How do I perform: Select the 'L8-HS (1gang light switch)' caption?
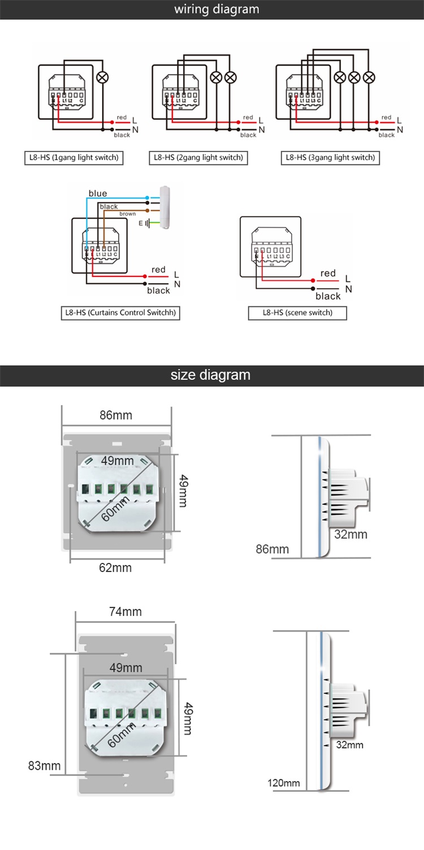tap(75, 158)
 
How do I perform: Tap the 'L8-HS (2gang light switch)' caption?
tap(198, 158)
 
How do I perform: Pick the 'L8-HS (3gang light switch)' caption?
tap(330, 158)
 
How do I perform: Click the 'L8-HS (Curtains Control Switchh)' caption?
tap(120, 313)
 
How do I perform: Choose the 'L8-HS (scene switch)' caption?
tap(297, 313)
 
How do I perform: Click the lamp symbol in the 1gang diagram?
tap(102, 78)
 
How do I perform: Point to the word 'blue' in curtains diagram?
tap(97, 194)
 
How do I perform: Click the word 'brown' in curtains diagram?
tap(127, 214)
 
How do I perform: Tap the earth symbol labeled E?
tap(146, 224)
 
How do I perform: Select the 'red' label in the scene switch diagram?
tap(328, 274)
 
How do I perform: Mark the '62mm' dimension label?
tap(115, 567)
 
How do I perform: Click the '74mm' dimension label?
tap(126, 612)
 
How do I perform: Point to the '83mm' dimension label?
tap(45, 766)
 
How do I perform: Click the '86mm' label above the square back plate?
tap(116, 415)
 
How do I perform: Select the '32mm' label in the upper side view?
tap(351, 534)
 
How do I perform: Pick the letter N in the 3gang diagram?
tap(400, 129)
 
